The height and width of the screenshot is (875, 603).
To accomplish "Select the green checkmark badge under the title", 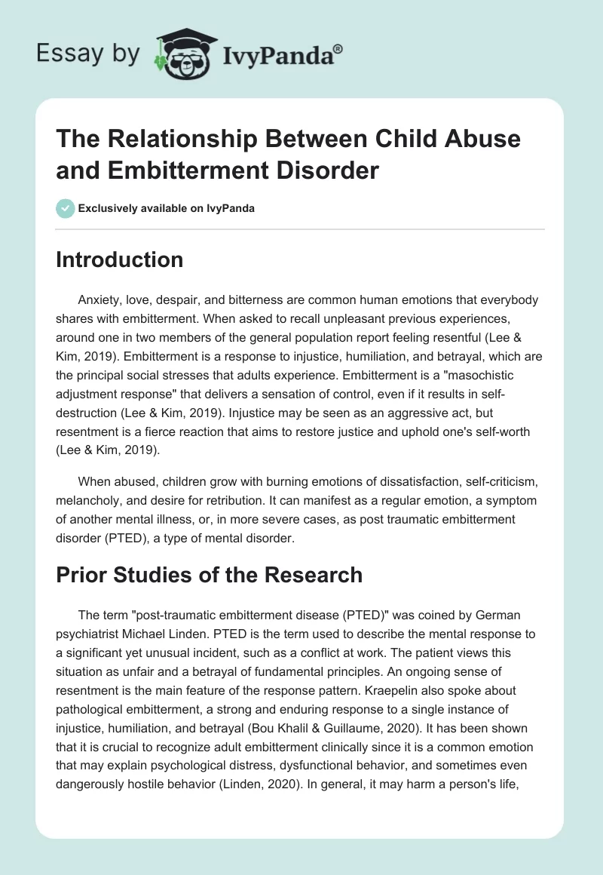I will point(65,208).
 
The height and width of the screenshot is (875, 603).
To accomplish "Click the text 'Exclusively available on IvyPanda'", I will point(166,208).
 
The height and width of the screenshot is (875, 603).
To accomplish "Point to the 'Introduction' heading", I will point(120,259).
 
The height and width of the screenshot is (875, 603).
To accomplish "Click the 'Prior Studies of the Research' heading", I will point(210,575).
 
